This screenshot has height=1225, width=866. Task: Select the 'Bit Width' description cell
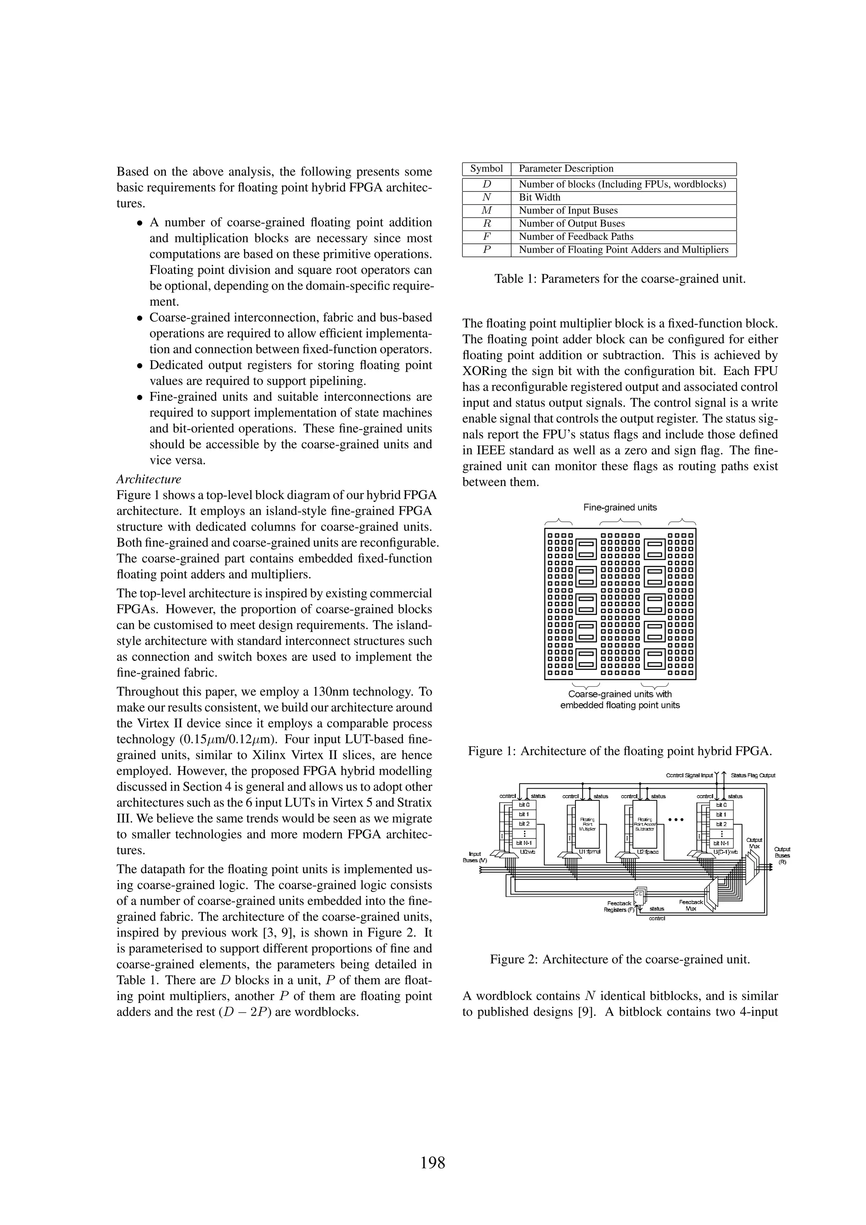coord(540,197)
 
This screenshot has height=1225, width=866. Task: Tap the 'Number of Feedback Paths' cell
coord(576,236)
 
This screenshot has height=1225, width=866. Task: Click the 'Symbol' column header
coord(486,169)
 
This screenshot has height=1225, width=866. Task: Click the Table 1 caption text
coord(619,279)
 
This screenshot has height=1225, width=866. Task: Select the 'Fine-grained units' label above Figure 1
coord(619,507)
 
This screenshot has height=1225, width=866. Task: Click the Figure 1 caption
coord(619,751)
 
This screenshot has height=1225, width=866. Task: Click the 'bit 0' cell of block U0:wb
coord(524,805)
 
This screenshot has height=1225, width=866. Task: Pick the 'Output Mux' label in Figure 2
coord(754,843)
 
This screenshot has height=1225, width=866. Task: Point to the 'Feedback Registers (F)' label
coord(619,907)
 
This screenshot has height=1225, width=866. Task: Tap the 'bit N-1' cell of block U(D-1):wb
coord(721,844)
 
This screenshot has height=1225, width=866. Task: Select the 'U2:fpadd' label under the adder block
coord(647,852)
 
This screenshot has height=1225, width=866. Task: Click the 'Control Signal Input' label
coord(689,775)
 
